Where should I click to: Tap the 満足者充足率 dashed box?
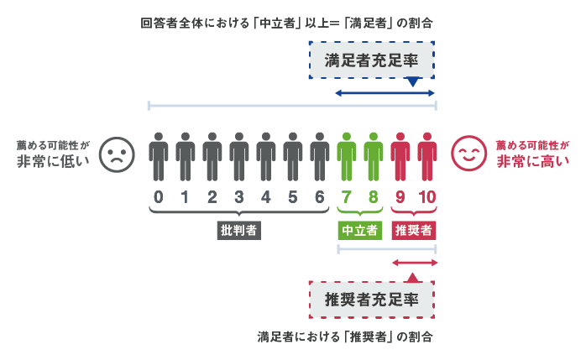point(372,60)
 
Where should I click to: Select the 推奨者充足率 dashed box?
point(372,299)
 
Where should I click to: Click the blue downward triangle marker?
point(412,82)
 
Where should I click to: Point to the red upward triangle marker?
point(412,276)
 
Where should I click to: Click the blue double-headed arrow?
point(385,92)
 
